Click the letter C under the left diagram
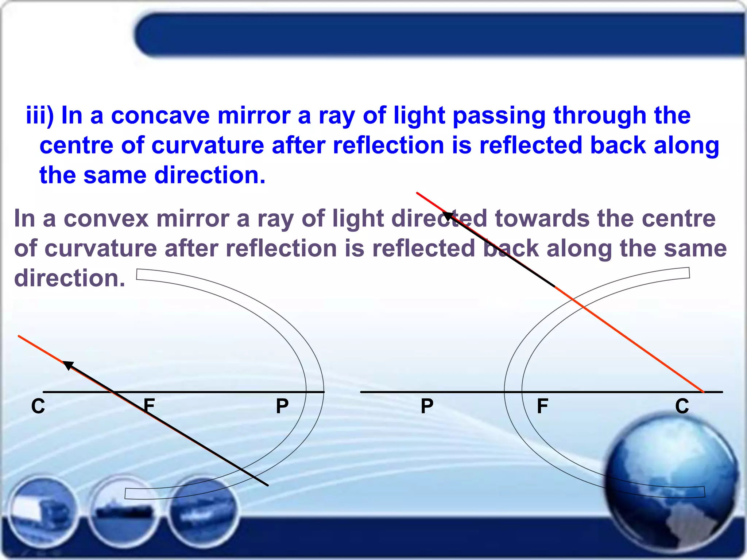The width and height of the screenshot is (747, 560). pos(38,406)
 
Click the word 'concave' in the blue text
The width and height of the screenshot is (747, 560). pos(160,116)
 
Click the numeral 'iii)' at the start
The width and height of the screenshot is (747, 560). pos(40,116)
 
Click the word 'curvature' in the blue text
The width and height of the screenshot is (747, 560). pos(208,145)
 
